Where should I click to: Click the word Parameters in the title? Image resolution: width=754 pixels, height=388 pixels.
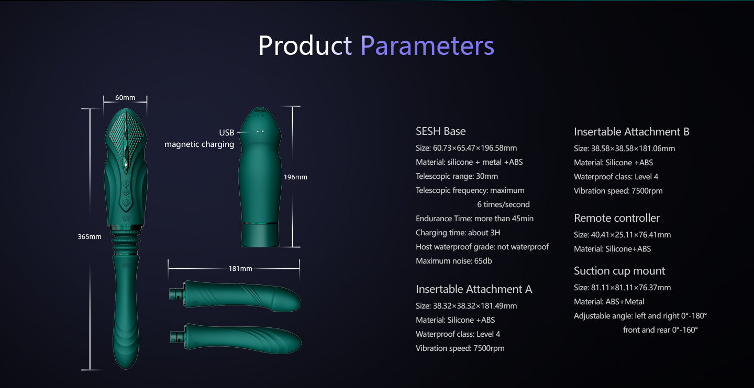click(427, 45)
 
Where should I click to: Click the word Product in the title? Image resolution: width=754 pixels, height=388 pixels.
click(305, 45)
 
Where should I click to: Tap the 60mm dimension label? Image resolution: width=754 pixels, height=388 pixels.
click(125, 97)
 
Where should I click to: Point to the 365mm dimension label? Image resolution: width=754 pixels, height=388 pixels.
click(90, 237)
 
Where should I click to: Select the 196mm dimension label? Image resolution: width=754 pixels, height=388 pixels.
click(295, 177)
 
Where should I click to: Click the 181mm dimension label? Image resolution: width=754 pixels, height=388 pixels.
click(240, 269)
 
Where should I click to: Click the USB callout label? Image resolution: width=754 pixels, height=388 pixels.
click(227, 133)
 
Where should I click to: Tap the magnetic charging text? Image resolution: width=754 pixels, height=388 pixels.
click(199, 144)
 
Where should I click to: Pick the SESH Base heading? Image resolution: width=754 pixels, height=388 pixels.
click(441, 131)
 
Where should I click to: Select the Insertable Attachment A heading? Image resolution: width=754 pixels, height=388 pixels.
click(474, 289)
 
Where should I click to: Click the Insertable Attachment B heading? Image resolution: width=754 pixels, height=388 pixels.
click(631, 132)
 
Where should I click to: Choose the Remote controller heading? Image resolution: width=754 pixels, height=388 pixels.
click(617, 218)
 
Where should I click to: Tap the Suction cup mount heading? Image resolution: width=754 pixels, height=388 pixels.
click(619, 271)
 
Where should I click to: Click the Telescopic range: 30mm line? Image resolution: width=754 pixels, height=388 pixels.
click(457, 176)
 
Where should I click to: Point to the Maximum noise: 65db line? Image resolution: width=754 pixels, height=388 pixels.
click(454, 261)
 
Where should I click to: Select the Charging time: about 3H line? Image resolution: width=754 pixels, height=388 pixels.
click(458, 233)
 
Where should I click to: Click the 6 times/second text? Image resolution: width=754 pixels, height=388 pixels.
click(504, 204)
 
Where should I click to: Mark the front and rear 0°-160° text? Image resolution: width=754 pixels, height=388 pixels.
click(660, 330)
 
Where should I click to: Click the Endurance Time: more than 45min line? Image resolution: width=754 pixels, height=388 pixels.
click(474, 219)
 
